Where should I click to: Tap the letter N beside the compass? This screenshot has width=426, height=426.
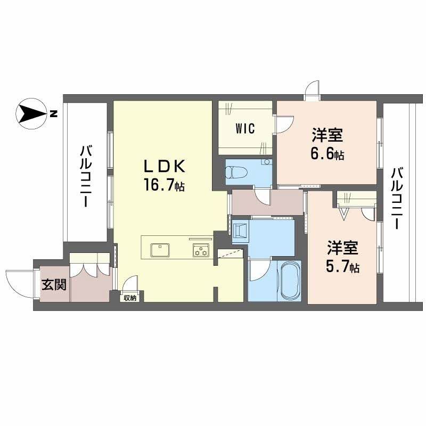tap(54, 114)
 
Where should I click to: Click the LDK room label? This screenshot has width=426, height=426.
tap(165, 167)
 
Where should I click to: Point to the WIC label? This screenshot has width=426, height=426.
tap(245, 128)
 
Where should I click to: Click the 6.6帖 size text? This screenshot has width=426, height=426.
tap(327, 154)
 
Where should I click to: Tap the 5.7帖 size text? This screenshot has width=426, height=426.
tap(342, 267)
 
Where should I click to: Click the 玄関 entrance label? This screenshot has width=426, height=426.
tap(54, 285)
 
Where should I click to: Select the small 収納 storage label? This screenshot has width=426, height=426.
tap(129, 298)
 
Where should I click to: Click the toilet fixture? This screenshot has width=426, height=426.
tap(236, 173)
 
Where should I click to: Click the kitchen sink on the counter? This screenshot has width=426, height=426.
tap(160, 250)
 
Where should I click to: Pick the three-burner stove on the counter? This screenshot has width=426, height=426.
tap(201, 250)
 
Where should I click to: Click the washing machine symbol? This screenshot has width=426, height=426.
tap(241, 231)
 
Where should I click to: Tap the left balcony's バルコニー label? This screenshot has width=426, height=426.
tap(86, 177)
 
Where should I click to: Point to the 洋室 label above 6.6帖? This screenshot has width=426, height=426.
tap(327, 135)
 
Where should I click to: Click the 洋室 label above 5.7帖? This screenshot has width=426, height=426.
tap(342, 248)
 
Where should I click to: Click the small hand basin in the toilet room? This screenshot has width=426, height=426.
tap(267, 162)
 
